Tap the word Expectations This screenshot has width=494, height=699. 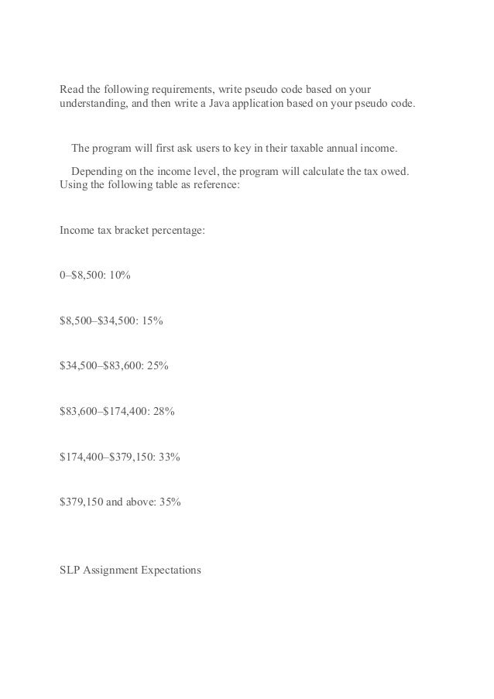point(168,571)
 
